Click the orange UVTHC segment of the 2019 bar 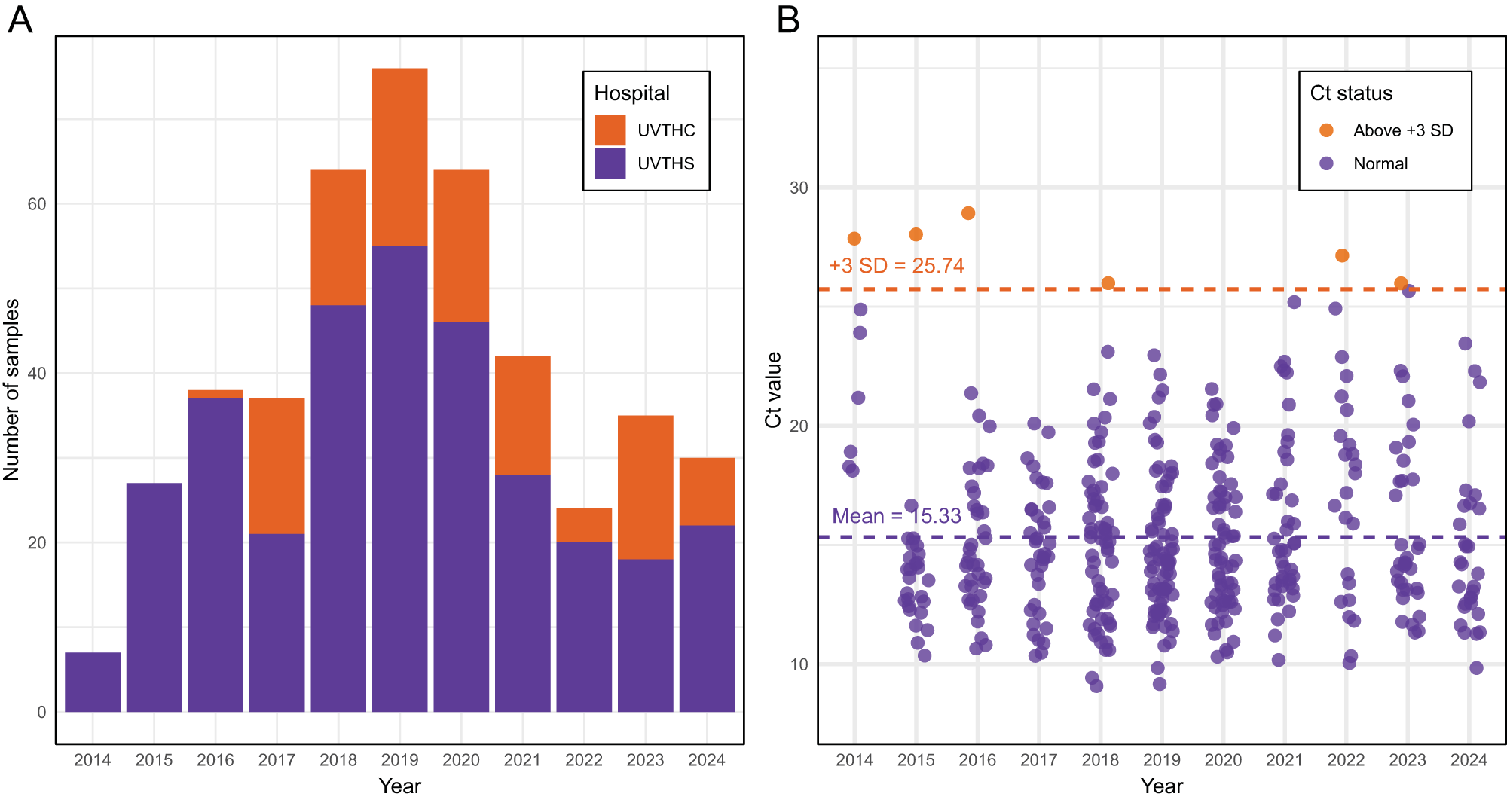coord(399,157)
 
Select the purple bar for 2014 coord(93,682)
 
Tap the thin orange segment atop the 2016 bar coord(216,394)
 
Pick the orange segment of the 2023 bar coord(645,487)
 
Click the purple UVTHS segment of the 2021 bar coord(522,593)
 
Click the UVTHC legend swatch coord(610,130)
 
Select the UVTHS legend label coord(666,163)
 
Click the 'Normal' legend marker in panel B coord(1327,163)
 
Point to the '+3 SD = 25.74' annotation coord(897,266)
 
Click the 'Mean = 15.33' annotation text coord(897,516)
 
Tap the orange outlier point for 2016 coord(968,213)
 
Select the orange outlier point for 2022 coord(1342,255)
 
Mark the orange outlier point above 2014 coord(854,239)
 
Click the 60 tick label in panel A coord(37,204)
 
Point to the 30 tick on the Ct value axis coord(799,188)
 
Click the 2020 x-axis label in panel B coord(1223,760)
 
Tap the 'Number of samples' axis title coord(11,389)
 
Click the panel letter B coord(788,20)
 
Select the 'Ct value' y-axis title coord(773,389)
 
